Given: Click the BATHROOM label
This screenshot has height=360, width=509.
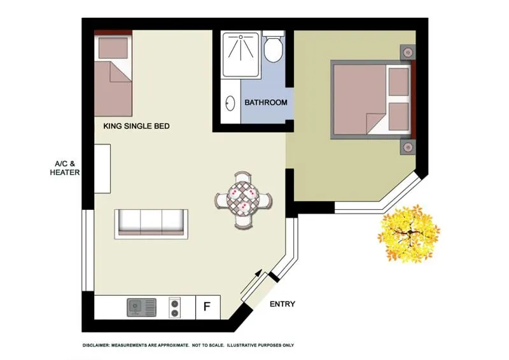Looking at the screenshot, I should (x=266, y=102).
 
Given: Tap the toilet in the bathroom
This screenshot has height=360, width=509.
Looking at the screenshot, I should (x=273, y=48).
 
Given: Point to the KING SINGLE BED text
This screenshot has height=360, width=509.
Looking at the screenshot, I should (x=136, y=127).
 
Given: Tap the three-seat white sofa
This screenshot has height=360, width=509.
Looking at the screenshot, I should (x=151, y=222).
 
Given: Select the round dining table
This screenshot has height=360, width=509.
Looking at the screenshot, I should (x=244, y=200).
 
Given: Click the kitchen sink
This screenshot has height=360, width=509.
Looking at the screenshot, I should (x=141, y=308).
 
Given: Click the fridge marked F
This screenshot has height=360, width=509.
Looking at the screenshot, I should (x=207, y=307).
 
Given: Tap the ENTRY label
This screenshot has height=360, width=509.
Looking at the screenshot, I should (x=282, y=304).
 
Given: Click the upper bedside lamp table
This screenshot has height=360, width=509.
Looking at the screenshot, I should (x=407, y=51).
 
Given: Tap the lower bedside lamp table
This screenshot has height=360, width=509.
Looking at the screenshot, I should (x=407, y=148).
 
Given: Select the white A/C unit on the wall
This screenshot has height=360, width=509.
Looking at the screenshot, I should (x=102, y=168).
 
